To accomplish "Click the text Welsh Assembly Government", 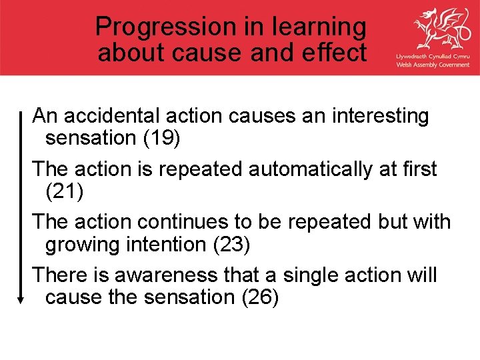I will pyautogui.click(x=433, y=65).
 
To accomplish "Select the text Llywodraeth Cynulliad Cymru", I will pyautogui.click(x=433, y=57).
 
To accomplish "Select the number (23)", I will pyautogui.click(x=231, y=245).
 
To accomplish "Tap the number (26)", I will pyautogui.click(x=259, y=297).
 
